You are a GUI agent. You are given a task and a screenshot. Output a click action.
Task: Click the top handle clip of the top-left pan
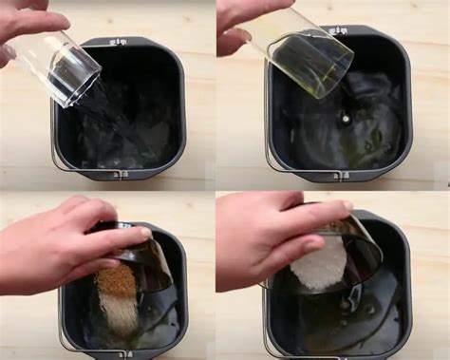118,43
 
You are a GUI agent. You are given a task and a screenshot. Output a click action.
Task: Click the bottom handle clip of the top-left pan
118,174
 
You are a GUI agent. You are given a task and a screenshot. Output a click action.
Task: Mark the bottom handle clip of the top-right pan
338,174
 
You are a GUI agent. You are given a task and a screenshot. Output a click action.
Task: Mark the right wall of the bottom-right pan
404,285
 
